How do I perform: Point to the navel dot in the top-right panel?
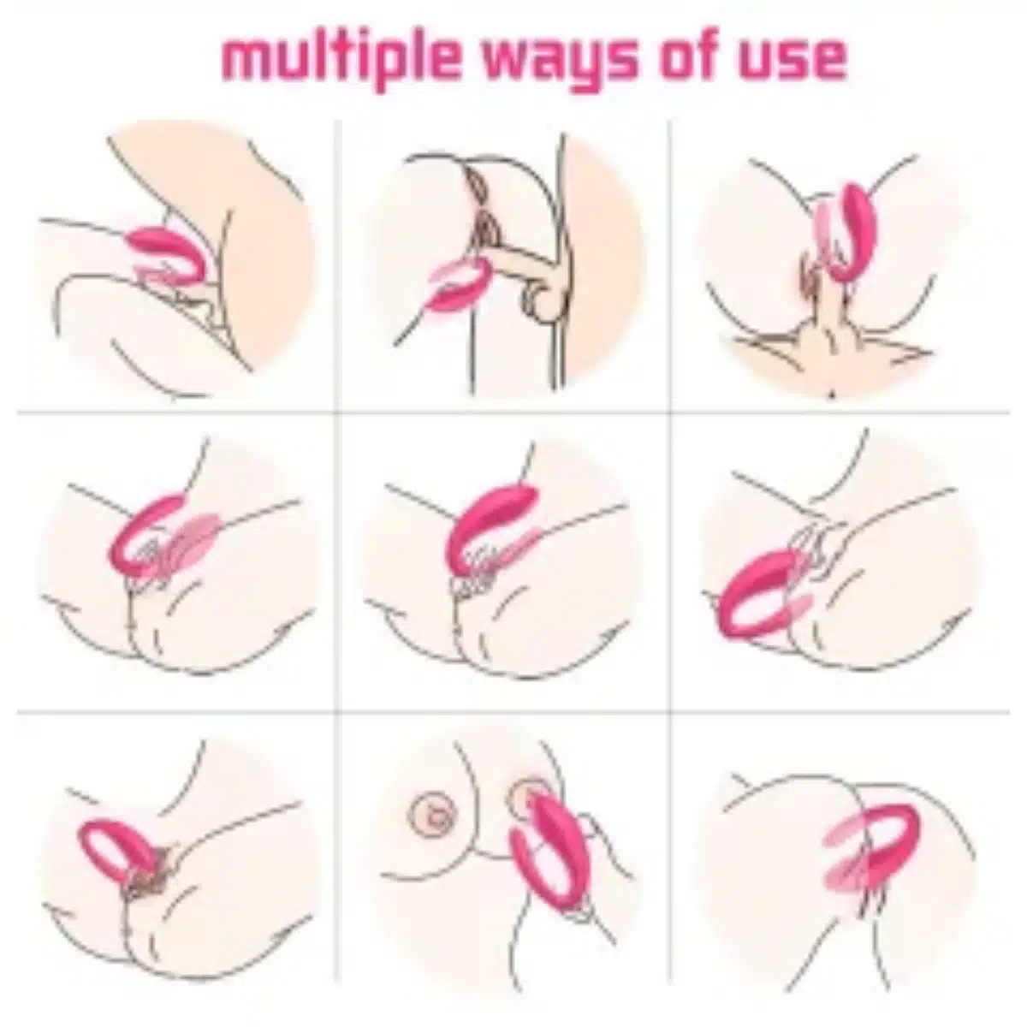(x=833, y=395)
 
